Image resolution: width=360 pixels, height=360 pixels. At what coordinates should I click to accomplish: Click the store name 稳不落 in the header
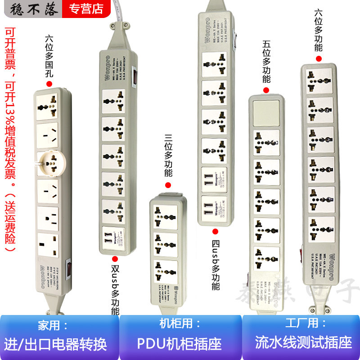[x=31, y=9]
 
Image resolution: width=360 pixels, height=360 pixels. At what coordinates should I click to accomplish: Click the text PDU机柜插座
[x=180, y=344]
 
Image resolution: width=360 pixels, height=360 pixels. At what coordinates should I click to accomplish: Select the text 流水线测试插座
[x=303, y=342]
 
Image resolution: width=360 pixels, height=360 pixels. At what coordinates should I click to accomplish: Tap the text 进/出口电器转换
[x=56, y=344]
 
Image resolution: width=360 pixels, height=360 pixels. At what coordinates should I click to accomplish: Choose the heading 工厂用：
[x=302, y=323]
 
